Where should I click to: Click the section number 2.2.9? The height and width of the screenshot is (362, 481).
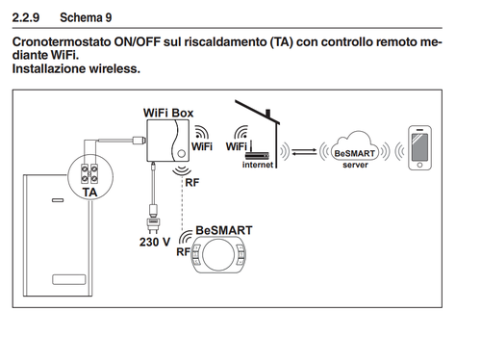click(26, 17)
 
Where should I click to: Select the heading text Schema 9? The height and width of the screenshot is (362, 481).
click(86, 17)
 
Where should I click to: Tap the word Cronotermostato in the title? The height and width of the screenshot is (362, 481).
click(62, 42)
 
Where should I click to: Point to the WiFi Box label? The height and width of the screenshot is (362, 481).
click(168, 113)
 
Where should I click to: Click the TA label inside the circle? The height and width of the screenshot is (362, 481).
click(89, 193)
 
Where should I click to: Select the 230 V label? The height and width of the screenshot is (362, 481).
click(155, 242)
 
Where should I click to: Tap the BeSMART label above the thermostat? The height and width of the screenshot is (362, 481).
click(224, 230)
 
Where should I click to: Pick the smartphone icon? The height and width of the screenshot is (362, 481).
click(419, 147)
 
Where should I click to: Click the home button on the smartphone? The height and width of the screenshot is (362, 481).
click(419, 165)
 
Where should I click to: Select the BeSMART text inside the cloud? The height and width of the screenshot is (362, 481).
click(355, 153)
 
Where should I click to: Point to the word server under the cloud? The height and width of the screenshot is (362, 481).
click(355, 165)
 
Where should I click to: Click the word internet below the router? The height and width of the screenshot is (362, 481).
click(258, 165)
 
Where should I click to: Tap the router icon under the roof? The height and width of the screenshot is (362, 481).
click(257, 153)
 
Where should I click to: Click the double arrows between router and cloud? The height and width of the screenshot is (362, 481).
click(304, 151)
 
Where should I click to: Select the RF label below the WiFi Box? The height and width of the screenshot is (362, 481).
click(192, 183)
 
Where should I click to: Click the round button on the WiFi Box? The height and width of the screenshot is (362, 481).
click(181, 153)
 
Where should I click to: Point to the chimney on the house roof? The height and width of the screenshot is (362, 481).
click(268, 114)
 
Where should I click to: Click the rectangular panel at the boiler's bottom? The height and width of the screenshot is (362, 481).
click(69, 279)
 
